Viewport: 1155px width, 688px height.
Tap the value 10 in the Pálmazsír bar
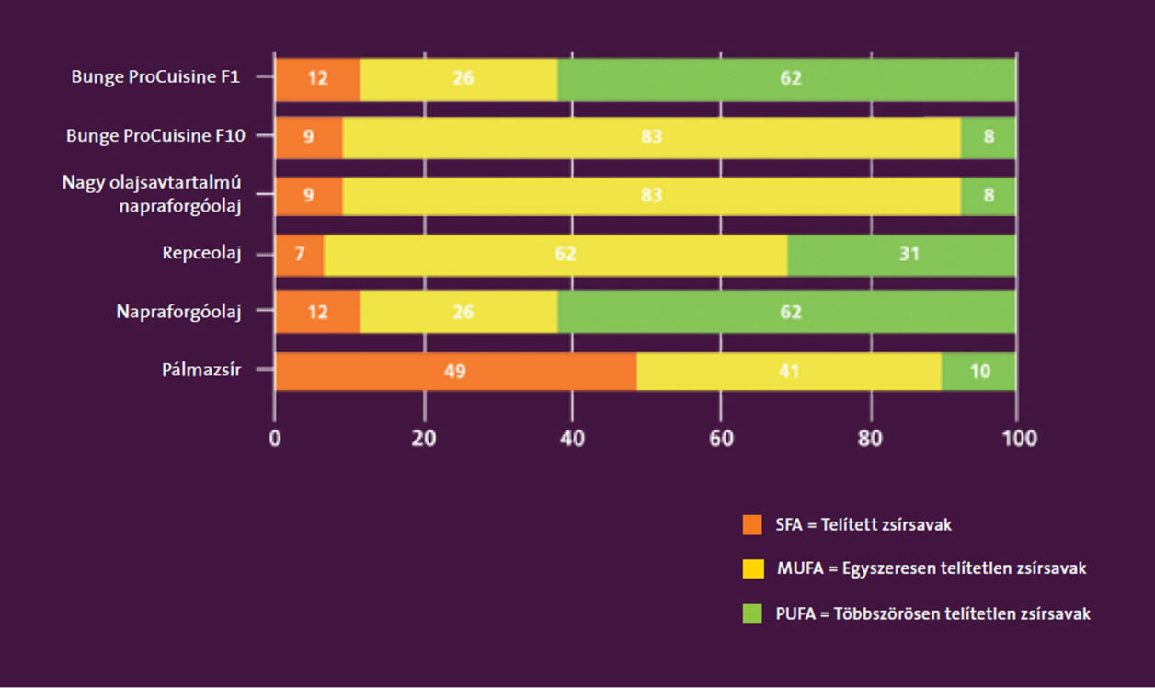coord(979,372)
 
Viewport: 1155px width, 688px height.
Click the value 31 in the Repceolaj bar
coord(911,255)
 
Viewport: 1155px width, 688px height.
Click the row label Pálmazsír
coord(201,372)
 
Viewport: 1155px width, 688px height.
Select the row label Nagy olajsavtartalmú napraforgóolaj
coord(152,194)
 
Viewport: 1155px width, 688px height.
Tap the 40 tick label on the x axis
coord(572,439)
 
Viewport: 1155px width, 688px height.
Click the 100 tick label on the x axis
coord(1016,439)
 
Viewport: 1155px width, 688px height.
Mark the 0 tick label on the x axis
coord(275,439)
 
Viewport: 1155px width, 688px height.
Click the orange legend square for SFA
coord(753,525)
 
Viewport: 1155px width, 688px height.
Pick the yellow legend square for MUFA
coord(753,568)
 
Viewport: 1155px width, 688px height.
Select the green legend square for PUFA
coord(753,613)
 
